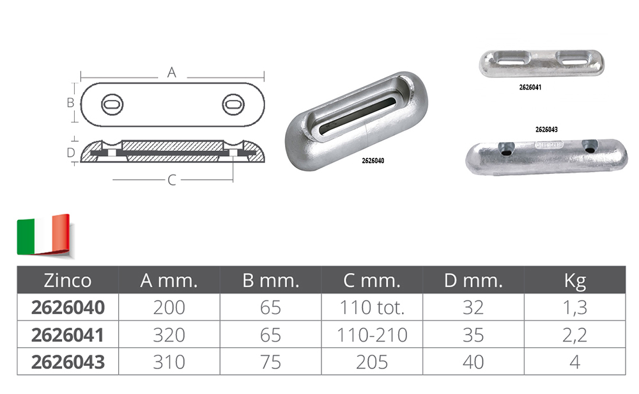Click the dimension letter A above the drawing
pos(171,73)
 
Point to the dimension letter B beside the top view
pos(70,103)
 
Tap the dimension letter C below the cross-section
pos(171,180)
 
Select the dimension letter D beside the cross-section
pos(71,152)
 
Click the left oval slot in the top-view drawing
pos(112,104)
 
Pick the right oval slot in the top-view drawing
pos(233,104)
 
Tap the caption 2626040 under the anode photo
pos(373,161)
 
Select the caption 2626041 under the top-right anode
pos(530,87)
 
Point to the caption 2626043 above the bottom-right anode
pos(546,130)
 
